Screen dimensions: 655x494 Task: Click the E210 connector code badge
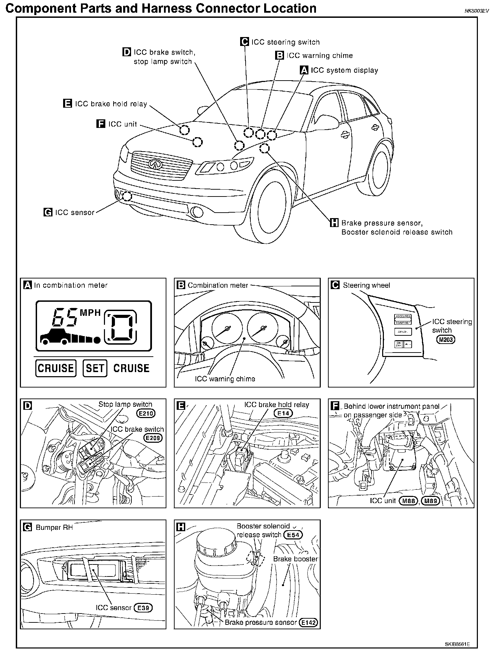click(146, 414)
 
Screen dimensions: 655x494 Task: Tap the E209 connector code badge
click(153, 438)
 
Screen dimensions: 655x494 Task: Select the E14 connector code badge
click(283, 413)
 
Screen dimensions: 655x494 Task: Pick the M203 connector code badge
click(446, 340)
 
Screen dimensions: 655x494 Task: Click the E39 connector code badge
click(143, 608)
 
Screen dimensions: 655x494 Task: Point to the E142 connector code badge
click(308, 622)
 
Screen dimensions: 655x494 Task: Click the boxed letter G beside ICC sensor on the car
click(48, 212)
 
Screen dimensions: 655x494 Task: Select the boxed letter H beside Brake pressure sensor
click(334, 223)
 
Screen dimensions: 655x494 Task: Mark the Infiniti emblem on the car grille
click(155, 164)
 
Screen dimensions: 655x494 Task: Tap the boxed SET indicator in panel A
click(95, 368)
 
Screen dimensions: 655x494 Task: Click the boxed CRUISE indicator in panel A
click(56, 368)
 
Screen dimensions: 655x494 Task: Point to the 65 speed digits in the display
click(64, 317)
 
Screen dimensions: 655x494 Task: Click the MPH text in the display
click(90, 313)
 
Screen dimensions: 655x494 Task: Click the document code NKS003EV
click(476, 11)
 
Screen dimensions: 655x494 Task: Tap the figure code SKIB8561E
click(457, 644)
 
